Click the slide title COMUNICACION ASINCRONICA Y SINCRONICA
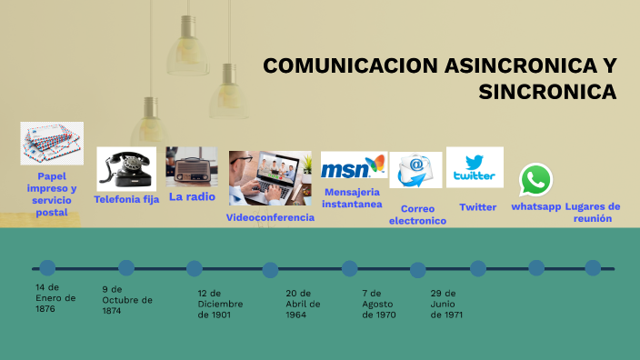tap(440, 78)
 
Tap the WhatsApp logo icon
tap(535, 180)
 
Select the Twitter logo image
tap(475, 167)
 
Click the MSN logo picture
tap(353, 168)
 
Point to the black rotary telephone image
tap(125, 169)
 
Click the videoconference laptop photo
tap(269, 178)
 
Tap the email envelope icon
tap(415, 170)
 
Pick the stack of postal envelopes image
tap(52, 144)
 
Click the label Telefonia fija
tap(126, 198)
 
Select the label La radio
tap(192, 195)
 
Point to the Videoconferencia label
tap(270, 217)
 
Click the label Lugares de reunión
tap(592, 212)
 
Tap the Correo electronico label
tap(417, 214)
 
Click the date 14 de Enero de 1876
tap(55, 297)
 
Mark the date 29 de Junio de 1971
tap(447, 304)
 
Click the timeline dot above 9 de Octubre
tap(126, 267)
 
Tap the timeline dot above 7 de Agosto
tap(350, 268)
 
